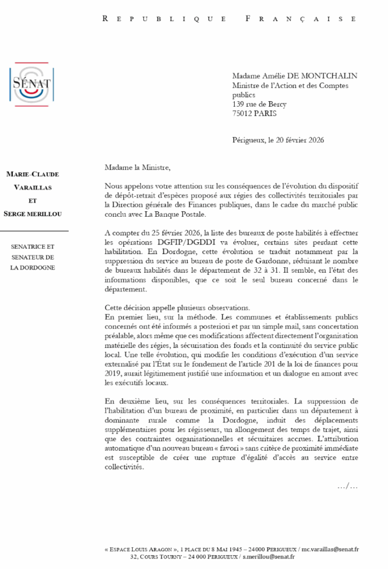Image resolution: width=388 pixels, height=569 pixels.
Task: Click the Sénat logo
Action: (x=31, y=83)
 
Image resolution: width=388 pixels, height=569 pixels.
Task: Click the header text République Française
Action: (x=229, y=18)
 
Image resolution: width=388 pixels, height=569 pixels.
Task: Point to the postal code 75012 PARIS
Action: (x=254, y=113)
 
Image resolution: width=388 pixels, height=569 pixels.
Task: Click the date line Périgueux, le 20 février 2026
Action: (x=278, y=140)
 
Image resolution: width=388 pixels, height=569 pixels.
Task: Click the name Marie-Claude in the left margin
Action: (x=32, y=174)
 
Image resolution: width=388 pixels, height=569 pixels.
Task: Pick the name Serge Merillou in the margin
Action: (x=33, y=214)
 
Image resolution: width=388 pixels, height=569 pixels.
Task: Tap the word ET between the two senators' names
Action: (x=33, y=201)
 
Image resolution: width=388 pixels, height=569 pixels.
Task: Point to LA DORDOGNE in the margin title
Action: (x=33, y=267)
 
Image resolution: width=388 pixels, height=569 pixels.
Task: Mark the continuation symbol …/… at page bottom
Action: (x=347, y=487)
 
